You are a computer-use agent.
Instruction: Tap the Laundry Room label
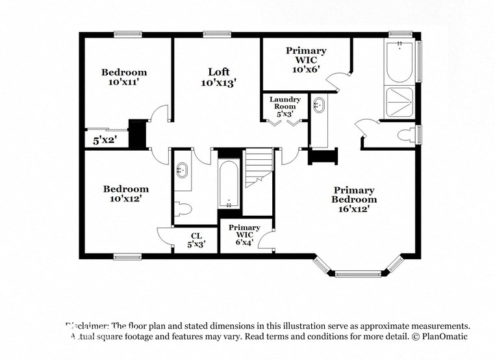click(x=286, y=106)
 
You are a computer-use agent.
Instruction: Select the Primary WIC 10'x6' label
click(x=306, y=60)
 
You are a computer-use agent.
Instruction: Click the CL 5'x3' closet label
click(x=196, y=240)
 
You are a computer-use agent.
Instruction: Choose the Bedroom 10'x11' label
click(x=123, y=77)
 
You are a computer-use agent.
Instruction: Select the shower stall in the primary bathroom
click(x=400, y=101)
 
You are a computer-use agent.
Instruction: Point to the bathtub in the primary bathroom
click(x=400, y=62)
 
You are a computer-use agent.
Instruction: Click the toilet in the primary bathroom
click(x=407, y=136)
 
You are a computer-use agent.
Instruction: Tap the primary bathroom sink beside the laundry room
click(x=319, y=106)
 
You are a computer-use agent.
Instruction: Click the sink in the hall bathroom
click(x=182, y=171)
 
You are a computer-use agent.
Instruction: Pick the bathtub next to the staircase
click(x=229, y=184)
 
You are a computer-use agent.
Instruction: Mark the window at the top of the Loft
click(x=214, y=34)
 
